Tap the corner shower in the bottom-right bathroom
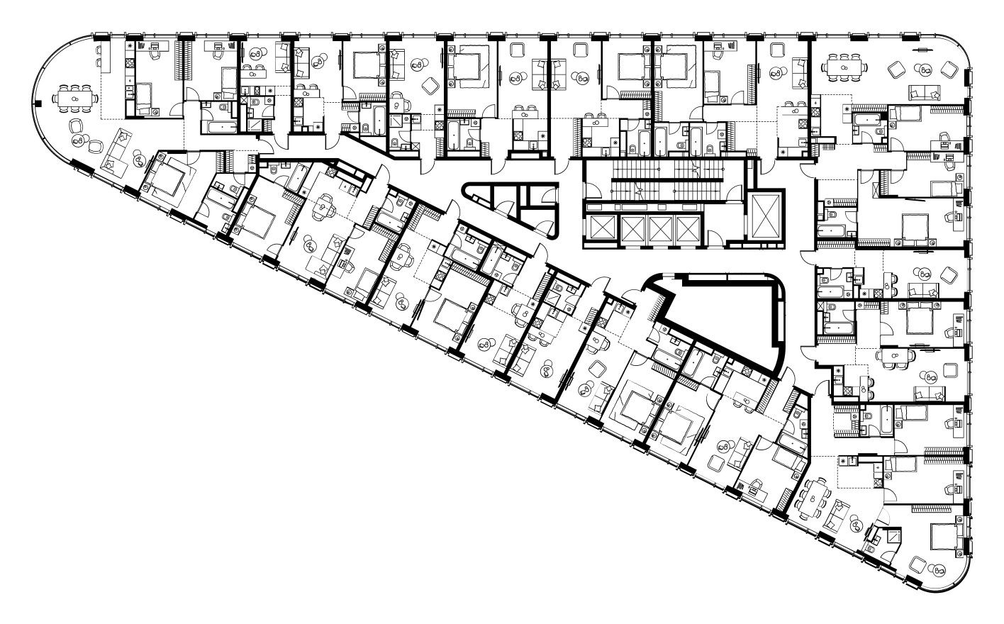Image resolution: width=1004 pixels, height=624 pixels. [890, 536]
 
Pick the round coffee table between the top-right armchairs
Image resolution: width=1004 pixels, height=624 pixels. [925, 69]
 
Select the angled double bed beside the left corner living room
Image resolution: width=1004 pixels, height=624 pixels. [164, 177]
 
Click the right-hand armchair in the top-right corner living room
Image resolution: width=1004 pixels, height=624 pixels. [950, 69]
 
